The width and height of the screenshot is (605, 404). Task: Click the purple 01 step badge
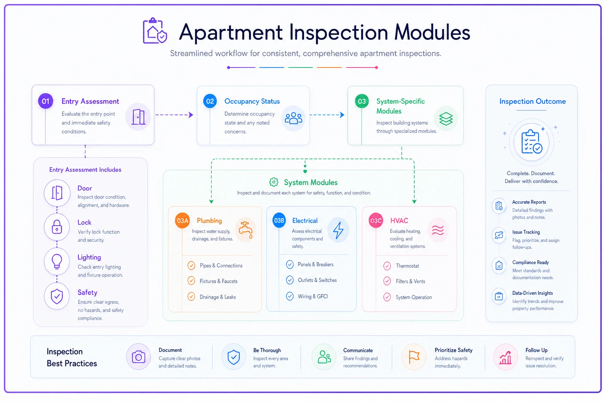45,101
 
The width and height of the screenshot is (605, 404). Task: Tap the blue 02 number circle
210,101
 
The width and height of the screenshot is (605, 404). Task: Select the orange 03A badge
182,221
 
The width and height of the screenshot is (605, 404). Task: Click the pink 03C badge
376,221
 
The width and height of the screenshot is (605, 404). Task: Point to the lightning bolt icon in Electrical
338,230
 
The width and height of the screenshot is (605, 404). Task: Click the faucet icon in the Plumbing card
246,230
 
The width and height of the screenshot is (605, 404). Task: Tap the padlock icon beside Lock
57,227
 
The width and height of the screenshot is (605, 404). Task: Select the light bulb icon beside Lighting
57,262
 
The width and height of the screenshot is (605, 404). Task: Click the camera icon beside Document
138,357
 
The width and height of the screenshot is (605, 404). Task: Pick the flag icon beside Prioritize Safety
414,357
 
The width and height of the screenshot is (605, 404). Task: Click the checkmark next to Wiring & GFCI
290,296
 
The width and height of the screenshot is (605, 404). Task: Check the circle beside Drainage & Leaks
191,297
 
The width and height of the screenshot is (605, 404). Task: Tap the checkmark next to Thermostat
387,266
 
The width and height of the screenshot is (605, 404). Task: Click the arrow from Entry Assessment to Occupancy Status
174,115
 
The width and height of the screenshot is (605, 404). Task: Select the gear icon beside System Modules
274,182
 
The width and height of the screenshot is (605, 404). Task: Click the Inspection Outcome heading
533,101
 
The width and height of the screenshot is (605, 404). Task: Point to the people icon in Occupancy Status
293,118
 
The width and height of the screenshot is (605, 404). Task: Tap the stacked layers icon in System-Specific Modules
446,119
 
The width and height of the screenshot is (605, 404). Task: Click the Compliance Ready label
531,262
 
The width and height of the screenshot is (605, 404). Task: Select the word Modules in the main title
432,32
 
